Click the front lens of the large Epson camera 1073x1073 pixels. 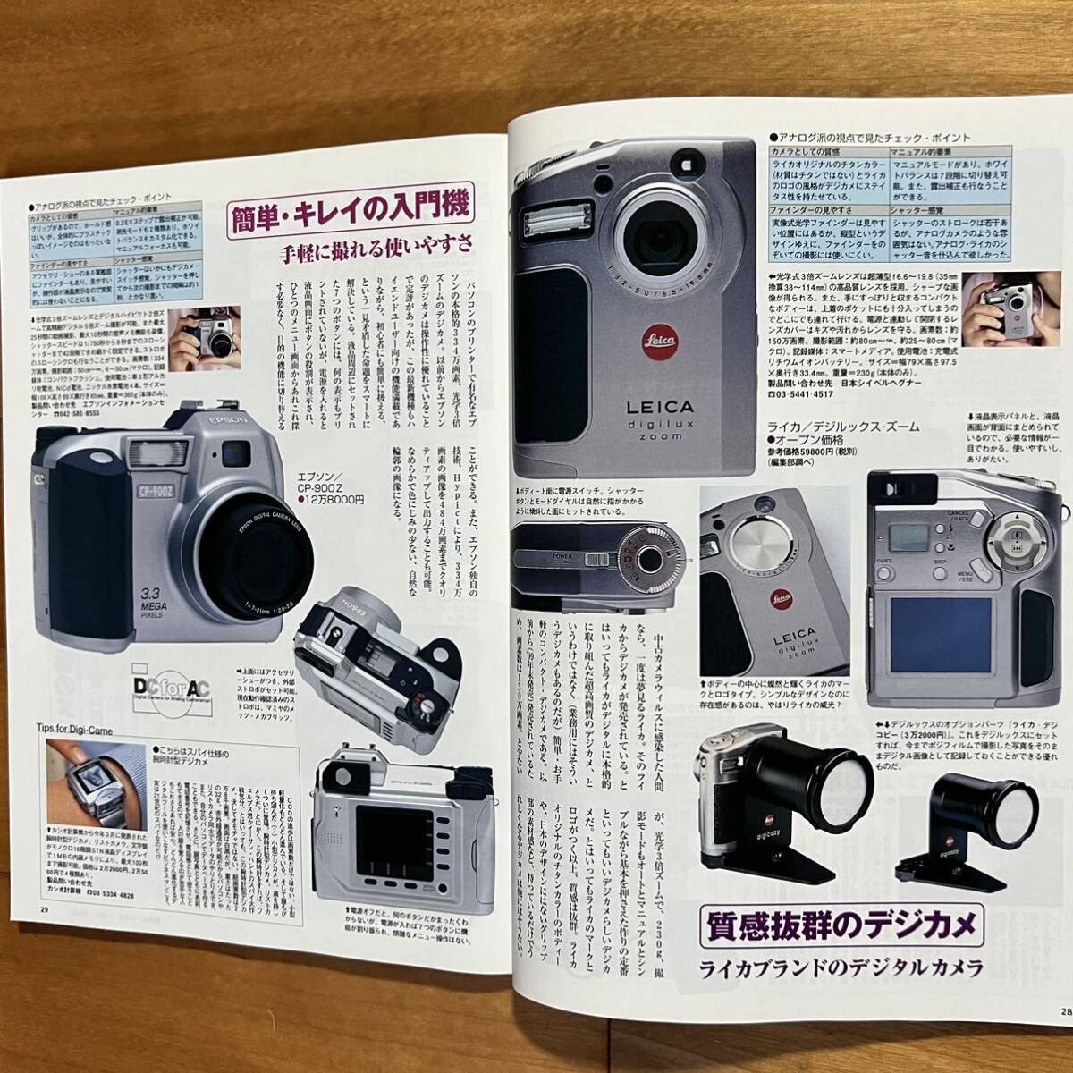tap(257, 552)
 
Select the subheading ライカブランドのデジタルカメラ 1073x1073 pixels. tap(841, 967)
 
